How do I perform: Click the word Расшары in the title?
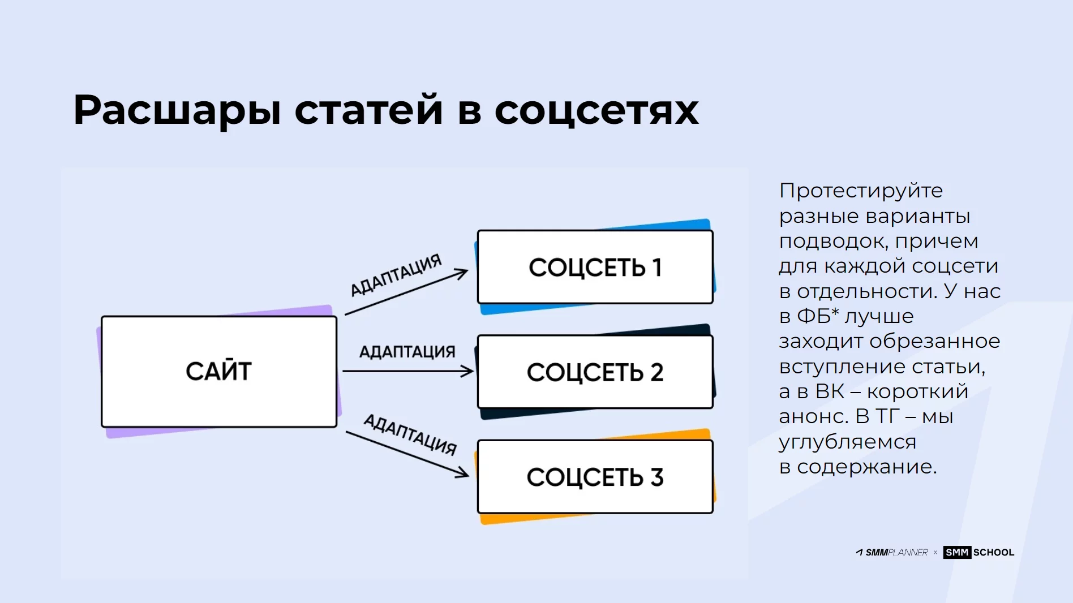(x=177, y=110)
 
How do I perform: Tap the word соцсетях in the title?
(x=597, y=111)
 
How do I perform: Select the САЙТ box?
(x=219, y=372)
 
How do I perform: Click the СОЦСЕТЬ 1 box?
(x=595, y=267)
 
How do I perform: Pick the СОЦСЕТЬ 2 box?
(x=595, y=372)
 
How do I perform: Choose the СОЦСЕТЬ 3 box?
(x=595, y=477)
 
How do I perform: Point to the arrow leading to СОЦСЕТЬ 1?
(x=406, y=291)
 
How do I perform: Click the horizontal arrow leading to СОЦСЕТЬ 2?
(x=408, y=371)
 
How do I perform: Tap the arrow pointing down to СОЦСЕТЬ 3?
(x=407, y=454)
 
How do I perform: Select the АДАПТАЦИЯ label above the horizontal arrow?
(x=407, y=352)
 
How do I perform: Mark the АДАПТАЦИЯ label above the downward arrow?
(x=410, y=434)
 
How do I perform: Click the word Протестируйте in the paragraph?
(x=861, y=191)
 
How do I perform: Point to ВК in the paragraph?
(x=830, y=391)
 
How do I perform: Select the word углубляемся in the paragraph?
(x=847, y=442)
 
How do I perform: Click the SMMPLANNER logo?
(x=892, y=553)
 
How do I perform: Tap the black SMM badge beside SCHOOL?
(x=957, y=553)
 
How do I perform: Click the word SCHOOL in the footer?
(x=994, y=553)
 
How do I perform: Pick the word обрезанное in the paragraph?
(x=935, y=341)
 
